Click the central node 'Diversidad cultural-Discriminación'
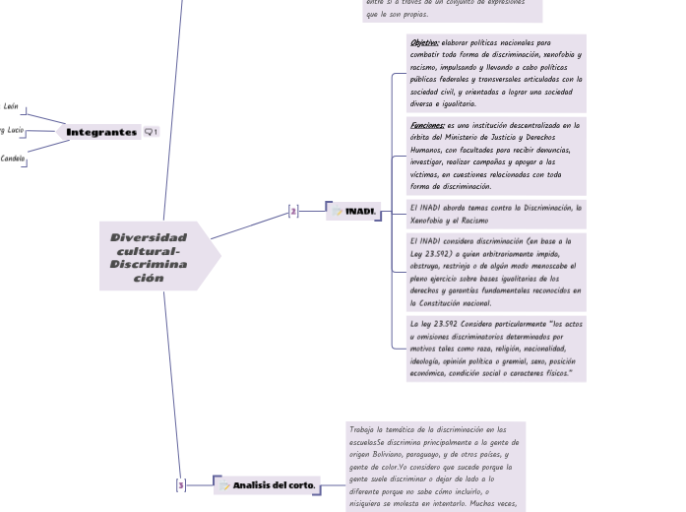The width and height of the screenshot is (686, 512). (x=150, y=258)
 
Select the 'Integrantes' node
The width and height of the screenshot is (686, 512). (x=101, y=132)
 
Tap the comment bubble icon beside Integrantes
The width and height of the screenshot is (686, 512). (x=151, y=132)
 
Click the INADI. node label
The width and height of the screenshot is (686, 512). (x=360, y=211)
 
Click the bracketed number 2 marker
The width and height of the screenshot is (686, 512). (x=292, y=211)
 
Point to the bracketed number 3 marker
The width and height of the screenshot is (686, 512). (x=180, y=485)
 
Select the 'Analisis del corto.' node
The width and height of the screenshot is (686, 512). (x=274, y=485)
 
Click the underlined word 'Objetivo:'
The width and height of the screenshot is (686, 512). (x=425, y=43)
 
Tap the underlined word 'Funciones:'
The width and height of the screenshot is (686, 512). (x=428, y=125)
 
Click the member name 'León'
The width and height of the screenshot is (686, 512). (x=11, y=105)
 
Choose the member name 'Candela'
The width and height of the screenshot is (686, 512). (x=13, y=158)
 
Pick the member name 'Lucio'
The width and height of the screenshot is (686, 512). (x=15, y=131)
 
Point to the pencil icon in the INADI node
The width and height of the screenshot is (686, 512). (x=338, y=211)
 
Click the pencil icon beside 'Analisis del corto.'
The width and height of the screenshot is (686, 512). (x=224, y=485)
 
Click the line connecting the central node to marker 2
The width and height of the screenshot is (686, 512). (x=251, y=225)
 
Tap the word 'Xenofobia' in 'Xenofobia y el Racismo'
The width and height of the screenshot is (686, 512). (x=428, y=221)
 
